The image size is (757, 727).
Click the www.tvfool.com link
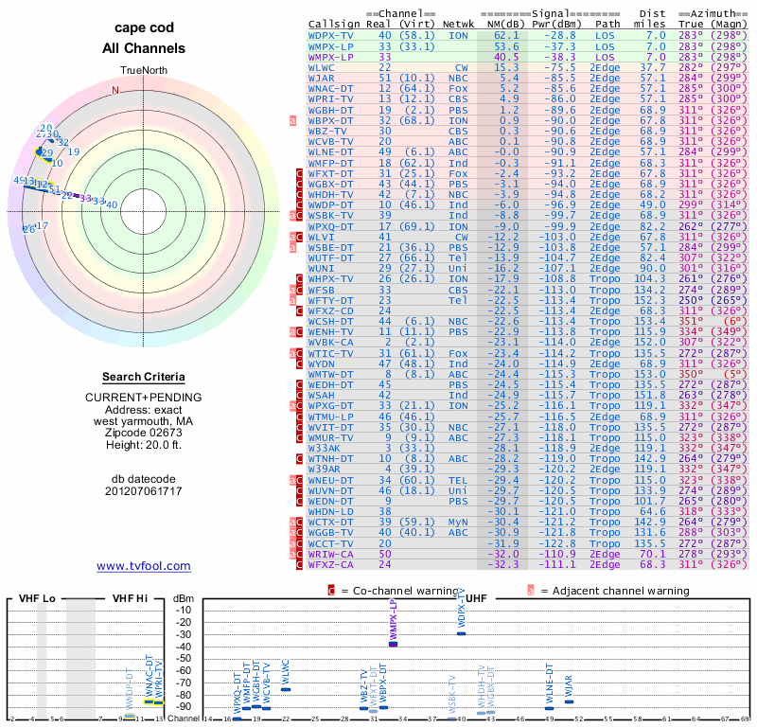tap(143, 566)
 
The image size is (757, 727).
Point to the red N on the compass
tap(115, 91)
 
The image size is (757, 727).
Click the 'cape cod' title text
tap(143, 27)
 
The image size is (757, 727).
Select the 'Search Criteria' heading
tap(143, 377)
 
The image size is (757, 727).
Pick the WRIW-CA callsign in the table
tap(330, 554)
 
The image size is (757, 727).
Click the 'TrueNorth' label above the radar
tap(143, 71)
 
